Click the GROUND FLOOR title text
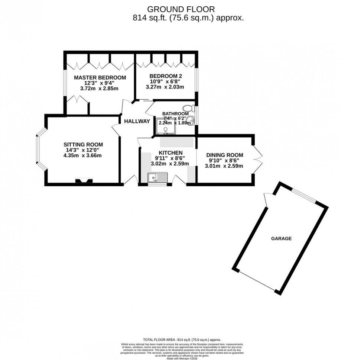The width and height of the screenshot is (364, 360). point(181,9)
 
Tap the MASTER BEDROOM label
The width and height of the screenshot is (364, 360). point(100,78)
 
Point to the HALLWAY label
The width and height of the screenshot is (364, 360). point(137,121)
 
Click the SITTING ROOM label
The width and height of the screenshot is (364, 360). point(83,144)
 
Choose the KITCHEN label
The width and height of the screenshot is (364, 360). point(170,153)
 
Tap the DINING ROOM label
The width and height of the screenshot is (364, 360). point(224,155)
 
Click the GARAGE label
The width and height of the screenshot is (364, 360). point(281,238)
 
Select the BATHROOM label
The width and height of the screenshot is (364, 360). point(175,114)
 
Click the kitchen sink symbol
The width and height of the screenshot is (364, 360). point(157,178)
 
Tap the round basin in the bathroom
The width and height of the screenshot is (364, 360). point(191,120)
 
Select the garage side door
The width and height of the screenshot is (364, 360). point(267,200)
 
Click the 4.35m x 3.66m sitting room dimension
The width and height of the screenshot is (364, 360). point(82,155)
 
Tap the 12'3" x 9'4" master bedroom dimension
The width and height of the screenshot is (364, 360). point(100,83)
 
